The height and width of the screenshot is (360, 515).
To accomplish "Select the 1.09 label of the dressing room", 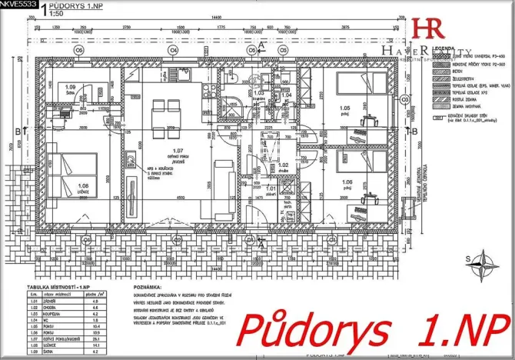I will (71, 87).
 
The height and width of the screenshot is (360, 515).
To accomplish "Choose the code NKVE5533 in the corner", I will (18, 5).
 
